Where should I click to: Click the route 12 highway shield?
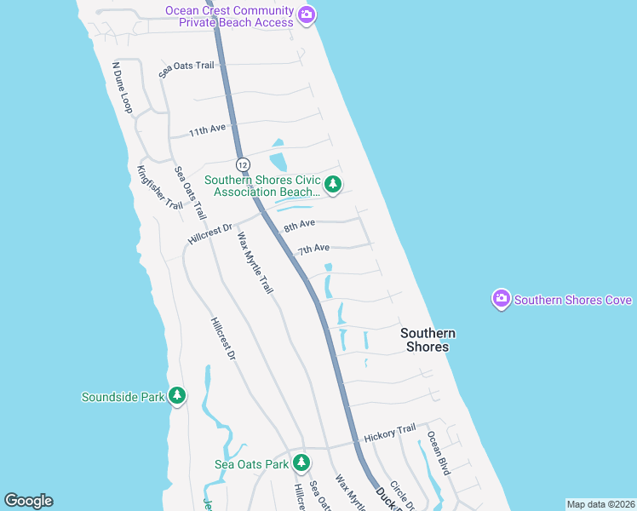pos(244,164)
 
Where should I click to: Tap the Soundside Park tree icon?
pos(177,395)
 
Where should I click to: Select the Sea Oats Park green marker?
pos(301,462)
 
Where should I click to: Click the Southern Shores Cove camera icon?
pos(502,299)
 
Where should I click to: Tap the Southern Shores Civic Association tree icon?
pos(333,184)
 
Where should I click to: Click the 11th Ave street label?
pos(207,131)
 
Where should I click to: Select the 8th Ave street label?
pos(300,225)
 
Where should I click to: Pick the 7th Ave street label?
pos(313,249)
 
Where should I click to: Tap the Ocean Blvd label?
pos(439,452)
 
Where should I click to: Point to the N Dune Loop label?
pos(123,87)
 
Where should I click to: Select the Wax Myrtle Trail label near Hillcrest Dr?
pos(255,263)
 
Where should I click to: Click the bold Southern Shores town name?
pos(428,340)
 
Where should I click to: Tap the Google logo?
pos(28,501)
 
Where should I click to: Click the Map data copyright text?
pos(600,504)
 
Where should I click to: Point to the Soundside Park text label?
pos(123,397)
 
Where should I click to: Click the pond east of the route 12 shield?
pos(278,161)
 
